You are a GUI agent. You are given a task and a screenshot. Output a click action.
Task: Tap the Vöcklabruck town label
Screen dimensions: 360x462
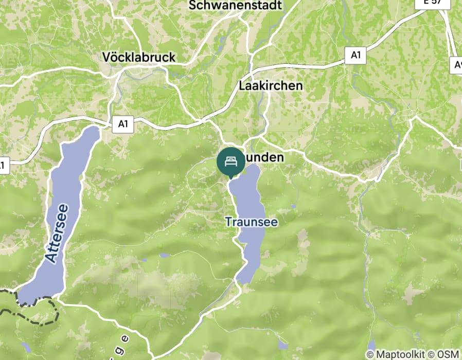(139, 57)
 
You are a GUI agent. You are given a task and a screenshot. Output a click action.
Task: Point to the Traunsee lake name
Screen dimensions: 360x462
(252, 222)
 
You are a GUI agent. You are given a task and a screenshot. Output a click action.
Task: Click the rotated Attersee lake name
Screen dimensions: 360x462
(57, 233)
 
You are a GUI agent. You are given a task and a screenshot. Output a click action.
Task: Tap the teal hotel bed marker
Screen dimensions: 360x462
(231, 161)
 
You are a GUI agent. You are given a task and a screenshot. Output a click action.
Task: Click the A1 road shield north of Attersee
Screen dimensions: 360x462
(122, 124)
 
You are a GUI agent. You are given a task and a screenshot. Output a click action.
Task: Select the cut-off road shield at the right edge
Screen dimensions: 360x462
(457, 65)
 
